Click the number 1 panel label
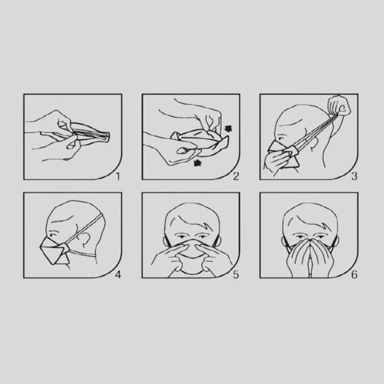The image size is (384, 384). (x=118, y=176)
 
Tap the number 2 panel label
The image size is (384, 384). (x=236, y=176)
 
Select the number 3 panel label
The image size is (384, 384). (x=354, y=176)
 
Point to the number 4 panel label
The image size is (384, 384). (x=118, y=275)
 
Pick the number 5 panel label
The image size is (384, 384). (x=236, y=275)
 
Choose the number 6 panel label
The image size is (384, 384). (x=354, y=275)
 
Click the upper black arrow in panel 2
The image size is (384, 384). (x=228, y=129)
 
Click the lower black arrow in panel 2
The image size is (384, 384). (x=197, y=163)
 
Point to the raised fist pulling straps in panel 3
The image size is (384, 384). (x=340, y=106)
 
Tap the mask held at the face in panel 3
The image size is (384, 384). (x=284, y=154)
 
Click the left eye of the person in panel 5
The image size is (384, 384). (x=181, y=237)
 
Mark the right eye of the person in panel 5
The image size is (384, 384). (x=202, y=237)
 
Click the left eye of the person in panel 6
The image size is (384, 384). (x=300, y=237)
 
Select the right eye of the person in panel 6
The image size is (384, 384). (x=320, y=237)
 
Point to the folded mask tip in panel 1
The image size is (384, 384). (x=107, y=137)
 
